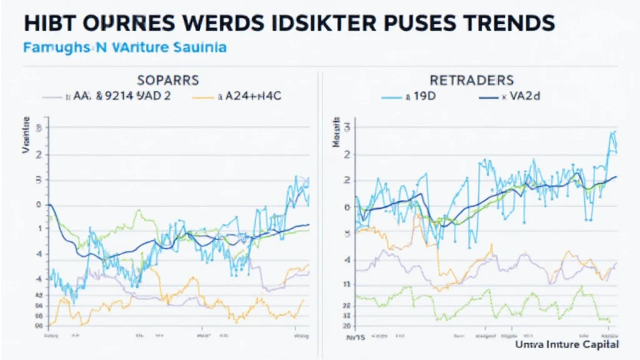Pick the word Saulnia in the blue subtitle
201,47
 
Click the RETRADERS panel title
471,80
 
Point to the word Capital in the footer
598,344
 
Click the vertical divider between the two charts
321,206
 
